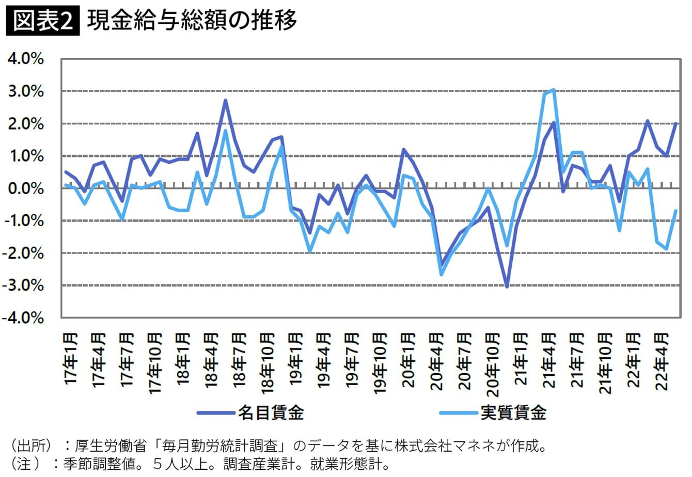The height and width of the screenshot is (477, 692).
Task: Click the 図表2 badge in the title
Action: [43, 21]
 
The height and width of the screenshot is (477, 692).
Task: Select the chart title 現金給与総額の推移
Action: [192, 21]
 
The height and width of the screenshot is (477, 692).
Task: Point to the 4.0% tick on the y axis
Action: [25, 59]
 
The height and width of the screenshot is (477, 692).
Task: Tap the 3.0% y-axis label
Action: [25, 91]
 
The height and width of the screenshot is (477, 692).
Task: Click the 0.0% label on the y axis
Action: [25, 188]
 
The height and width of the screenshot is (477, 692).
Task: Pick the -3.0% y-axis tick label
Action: [23, 285]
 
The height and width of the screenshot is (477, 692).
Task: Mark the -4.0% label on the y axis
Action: [23, 317]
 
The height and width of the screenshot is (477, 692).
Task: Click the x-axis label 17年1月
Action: [71, 358]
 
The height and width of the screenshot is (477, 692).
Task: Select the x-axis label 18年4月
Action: [211, 358]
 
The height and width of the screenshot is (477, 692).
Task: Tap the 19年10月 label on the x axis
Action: [379, 363]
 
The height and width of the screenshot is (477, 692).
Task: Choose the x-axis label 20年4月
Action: [435, 358]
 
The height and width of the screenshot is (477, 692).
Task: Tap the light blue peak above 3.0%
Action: [553, 90]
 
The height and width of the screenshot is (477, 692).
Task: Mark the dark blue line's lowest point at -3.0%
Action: [507, 286]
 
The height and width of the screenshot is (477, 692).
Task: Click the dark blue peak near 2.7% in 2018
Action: [226, 101]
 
